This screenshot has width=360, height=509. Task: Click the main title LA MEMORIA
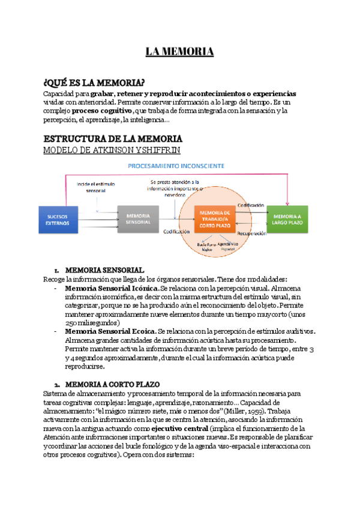(x=179, y=52)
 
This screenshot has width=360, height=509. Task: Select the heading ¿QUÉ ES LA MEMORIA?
(x=94, y=82)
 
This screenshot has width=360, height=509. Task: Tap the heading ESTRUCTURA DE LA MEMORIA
(x=109, y=138)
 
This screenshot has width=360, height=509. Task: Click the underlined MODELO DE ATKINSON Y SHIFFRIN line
(x=110, y=149)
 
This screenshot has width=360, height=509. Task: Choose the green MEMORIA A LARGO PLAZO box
(x=289, y=218)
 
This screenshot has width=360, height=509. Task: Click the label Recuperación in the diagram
(x=251, y=233)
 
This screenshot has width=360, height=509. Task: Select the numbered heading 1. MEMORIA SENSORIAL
(x=104, y=270)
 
